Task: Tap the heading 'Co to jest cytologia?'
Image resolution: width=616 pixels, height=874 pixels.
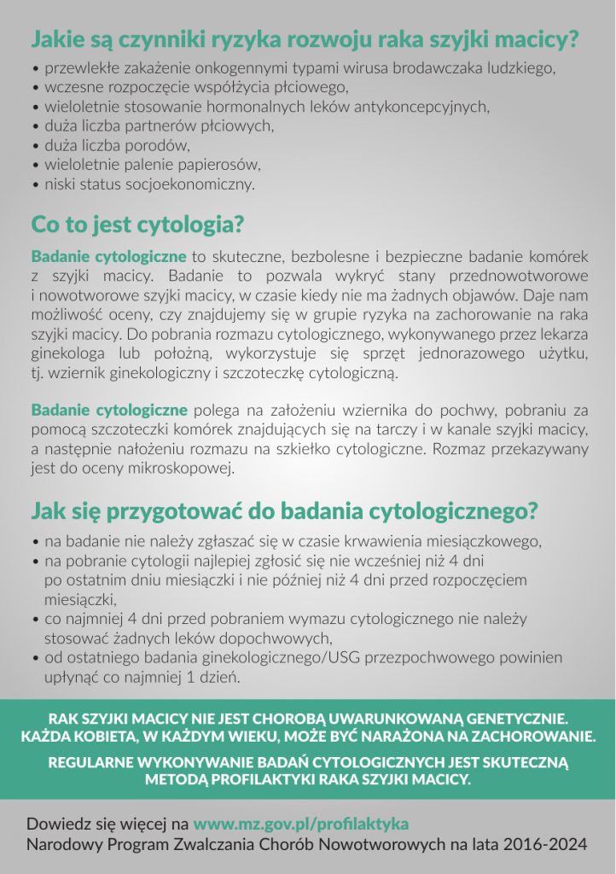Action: [x=137, y=225]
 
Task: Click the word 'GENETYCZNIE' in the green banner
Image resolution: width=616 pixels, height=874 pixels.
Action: [x=512, y=719]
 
